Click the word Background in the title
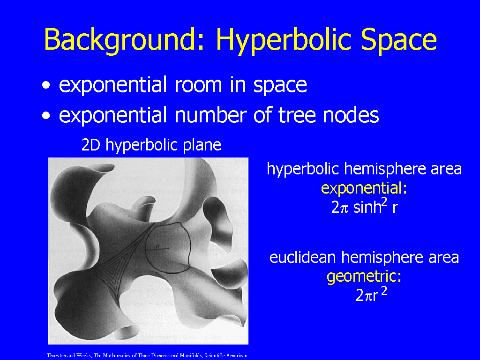pyautogui.click(x=120, y=40)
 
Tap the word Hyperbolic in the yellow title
pyautogui.click(x=284, y=40)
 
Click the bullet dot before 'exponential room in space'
pyautogui.click(x=46, y=85)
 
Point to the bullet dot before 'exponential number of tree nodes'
pyautogui.click(x=46, y=116)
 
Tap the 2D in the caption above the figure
pyautogui.click(x=91, y=145)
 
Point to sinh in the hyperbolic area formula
pyautogui.click(x=367, y=208)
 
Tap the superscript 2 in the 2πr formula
pyautogui.click(x=384, y=290)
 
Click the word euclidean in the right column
pyautogui.click(x=302, y=257)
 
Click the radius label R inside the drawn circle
pyautogui.click(x=157, y=246)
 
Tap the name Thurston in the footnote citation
pyautogui.click(x=56, y=355)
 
